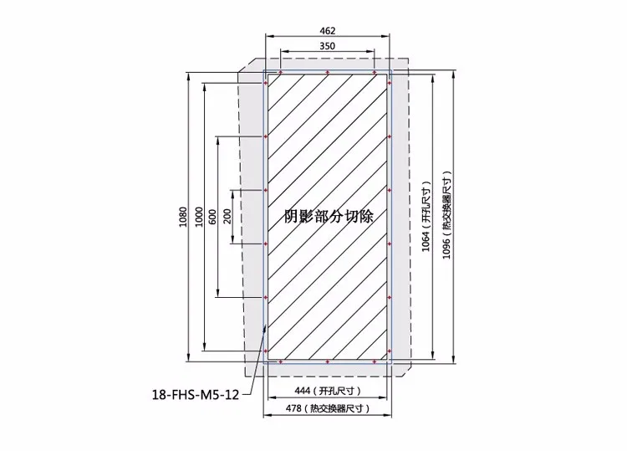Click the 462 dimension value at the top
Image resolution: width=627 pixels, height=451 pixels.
click(328, 31)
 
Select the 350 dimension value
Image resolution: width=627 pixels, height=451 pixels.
click(328, 46)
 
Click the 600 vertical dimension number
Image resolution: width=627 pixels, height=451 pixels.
click(213, 217)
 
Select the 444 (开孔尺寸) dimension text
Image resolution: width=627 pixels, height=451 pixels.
click(328, 391)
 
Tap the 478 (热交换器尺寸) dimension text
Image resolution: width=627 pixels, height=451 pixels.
click(328, 409)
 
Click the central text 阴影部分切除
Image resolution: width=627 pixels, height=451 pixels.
click(328, 215)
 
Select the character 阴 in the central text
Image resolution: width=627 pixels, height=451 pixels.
click(291, 215)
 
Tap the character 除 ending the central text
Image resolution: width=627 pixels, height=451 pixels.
click(364, 215)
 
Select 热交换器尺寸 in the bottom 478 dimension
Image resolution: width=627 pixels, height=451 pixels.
click(339, 409)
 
